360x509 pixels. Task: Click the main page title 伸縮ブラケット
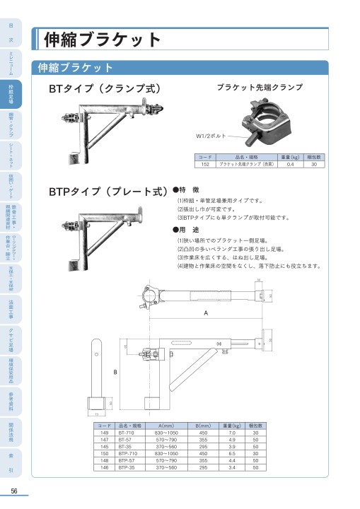[103, 40]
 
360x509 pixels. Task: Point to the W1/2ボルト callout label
[212, 134]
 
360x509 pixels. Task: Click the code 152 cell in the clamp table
[204, 163]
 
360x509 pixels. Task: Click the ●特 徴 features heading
[191, 190]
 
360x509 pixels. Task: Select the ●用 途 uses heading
[191, 230]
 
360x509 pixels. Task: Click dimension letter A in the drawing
[206, 312]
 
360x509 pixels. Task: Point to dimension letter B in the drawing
[115, 371]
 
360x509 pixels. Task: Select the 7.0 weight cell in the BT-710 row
[232, 433]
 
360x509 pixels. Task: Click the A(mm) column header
[166, 426]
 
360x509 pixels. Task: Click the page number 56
[13, 492]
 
